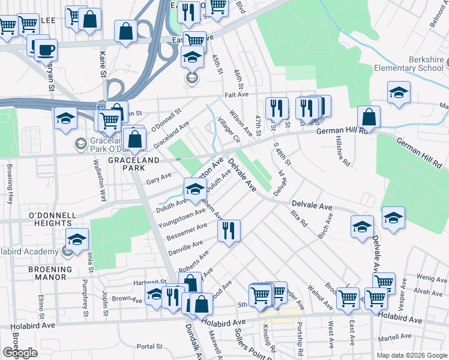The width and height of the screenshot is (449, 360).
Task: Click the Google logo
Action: tap(20, 352)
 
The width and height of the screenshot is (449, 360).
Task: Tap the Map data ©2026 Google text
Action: tap(412, 355)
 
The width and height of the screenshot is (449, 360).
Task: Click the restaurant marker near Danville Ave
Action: tap(229, 231)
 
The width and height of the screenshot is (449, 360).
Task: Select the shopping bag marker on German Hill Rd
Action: tap(369, 117)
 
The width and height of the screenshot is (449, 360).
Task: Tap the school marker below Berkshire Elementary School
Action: tap(398, 92)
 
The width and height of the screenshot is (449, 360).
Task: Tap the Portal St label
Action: tap(149, 346)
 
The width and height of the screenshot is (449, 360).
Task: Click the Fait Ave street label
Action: tap(236, 95)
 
